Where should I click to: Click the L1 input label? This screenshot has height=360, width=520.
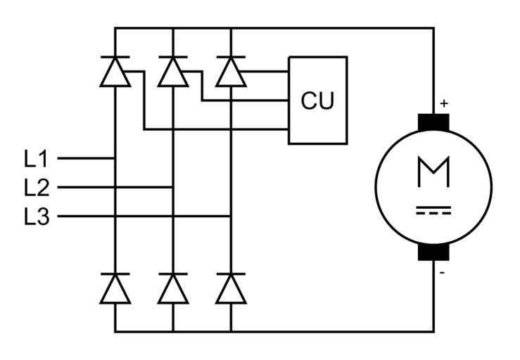click(x=36, y=158)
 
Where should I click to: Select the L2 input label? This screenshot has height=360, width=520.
click(x=36, y=188)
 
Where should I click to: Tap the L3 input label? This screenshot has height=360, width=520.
click(x=36, y=217)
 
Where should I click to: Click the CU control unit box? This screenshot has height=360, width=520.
click(x=317, y=101)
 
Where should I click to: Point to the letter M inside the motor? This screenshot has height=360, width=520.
click(x=433, y=173)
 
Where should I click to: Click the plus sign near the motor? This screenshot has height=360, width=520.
click(x=443, y=103)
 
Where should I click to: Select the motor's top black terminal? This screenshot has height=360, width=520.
click(x=433, y=122)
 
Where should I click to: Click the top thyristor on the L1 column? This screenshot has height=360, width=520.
click(x=115, y=72)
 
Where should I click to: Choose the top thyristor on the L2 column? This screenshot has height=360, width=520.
click(x=172, y=72)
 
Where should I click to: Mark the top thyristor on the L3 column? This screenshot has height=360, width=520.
click(x=230, y=72)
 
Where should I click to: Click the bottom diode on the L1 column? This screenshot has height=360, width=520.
click(x=115, y=288)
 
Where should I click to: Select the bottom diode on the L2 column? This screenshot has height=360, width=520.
click(x=172, y=288)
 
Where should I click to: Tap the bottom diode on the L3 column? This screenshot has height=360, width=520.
click(x=230, y=288)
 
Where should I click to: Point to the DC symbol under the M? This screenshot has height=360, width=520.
click(x=433, y=210)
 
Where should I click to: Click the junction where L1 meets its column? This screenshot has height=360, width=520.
click(x=115, y=158)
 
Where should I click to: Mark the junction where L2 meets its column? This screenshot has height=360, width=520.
click(x=172, y=188)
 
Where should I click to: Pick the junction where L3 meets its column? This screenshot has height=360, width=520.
click(x=230, y=217)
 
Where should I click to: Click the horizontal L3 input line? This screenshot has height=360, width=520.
click(x=141, y=217)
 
